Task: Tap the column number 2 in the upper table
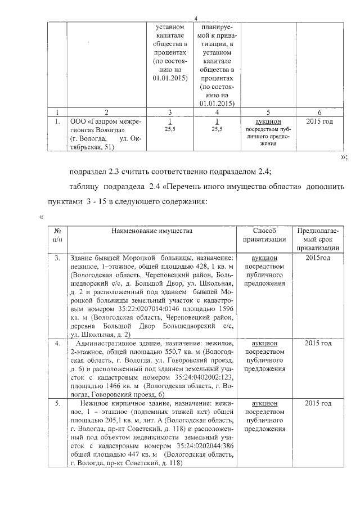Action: point(106,112)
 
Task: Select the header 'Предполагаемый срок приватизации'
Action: point(318,239)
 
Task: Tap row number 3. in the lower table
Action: point(58,258)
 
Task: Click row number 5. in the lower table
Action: point(58,403)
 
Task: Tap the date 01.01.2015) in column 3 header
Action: point(170,77)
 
